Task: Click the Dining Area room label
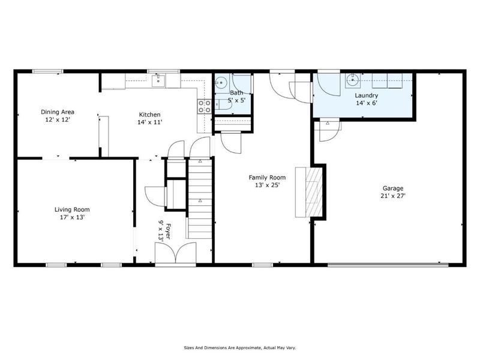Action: click(x=57, y=112)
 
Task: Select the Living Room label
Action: click(x=72, y=209)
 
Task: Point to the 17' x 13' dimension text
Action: click(x=72, y=217)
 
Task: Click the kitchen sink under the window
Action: click(x=159, y=80)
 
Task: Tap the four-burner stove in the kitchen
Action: click(x=205, y=106)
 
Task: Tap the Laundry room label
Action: click(x=365, y=95)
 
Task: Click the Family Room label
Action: click(x=267, y=177)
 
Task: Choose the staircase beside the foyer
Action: click(x=200, y=198)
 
